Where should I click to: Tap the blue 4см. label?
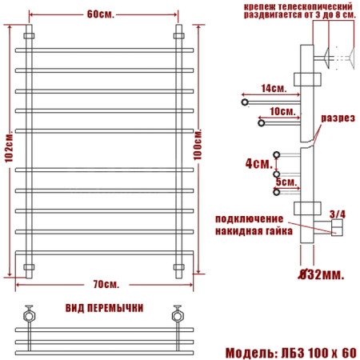pos(257,163)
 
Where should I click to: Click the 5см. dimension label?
pos(284,182)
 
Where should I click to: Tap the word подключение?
pos(249,218)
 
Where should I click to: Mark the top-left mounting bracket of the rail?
pos(29,37)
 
